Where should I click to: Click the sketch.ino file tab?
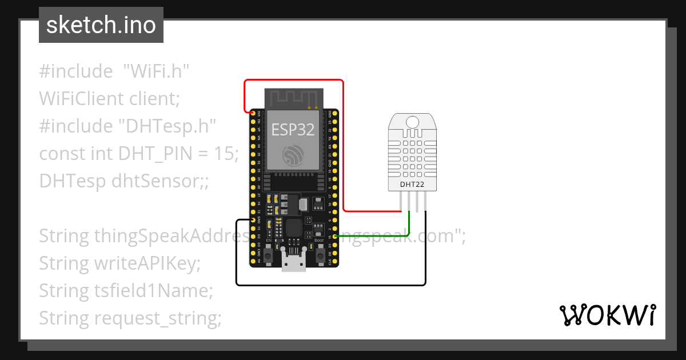pos(101,25)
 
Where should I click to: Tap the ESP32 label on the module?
pos(293,129)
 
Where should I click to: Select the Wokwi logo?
pos(607,315)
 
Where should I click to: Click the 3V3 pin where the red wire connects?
pos(253,114)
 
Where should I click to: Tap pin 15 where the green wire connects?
pos(335,235)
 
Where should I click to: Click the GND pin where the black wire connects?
pos(253,220)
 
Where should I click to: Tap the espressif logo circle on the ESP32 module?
pos(293,154)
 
